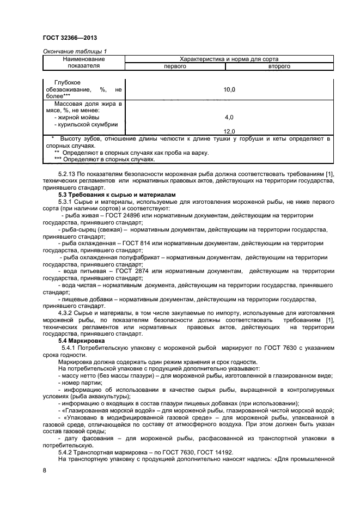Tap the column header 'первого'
tap(175, 66)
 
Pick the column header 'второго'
tap(279, 66)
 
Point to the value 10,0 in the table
tap(229, 89)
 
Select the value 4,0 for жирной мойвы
tap(229, 117)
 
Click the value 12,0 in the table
tap(229, 131)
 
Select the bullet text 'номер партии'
tap(83, 382)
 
